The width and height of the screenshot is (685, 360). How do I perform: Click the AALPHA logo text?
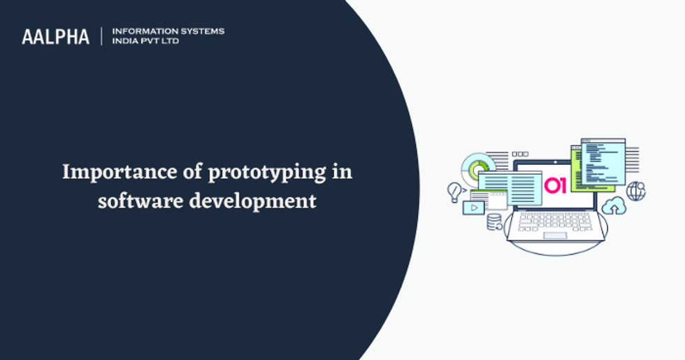click(x=56, y=37)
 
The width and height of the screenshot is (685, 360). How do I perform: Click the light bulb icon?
click(x=456, y=191)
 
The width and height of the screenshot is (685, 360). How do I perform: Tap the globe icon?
click(x=635, y=191)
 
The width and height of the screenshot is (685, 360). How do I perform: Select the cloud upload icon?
click(x=614, y=206)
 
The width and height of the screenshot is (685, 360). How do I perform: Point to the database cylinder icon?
click(x=494, y=222)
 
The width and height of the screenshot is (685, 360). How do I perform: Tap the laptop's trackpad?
click(x=554, y=236)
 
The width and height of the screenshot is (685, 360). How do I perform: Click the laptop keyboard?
click(x=554, y=221)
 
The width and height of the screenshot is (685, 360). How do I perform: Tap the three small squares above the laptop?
click(x=520, y=154)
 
